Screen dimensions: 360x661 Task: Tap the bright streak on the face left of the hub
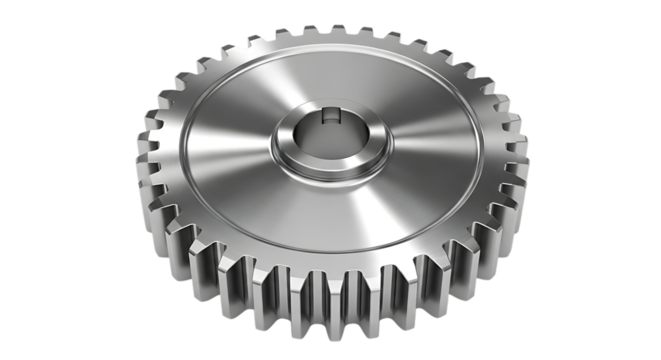pos(220,150)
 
